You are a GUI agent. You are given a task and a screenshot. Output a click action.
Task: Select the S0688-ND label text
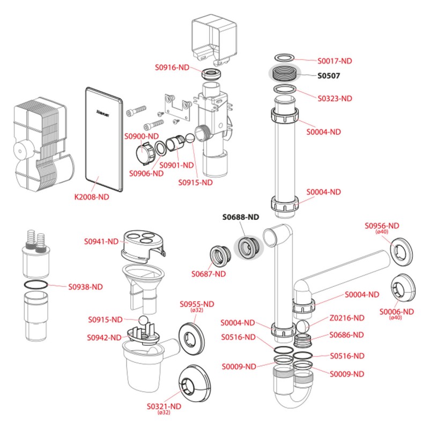pos(241,217)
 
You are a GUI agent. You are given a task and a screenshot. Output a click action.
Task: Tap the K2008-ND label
pos(91,197)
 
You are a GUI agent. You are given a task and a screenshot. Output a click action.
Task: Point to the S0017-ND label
pos(336,61)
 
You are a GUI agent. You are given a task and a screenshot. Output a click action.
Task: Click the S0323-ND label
pos(335,99)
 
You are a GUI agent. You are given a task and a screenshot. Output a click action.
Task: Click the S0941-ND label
pos(101,242)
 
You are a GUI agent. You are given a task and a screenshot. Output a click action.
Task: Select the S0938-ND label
pos(85,286)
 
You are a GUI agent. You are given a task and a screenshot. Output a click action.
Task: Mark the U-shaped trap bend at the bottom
pos(290,403)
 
